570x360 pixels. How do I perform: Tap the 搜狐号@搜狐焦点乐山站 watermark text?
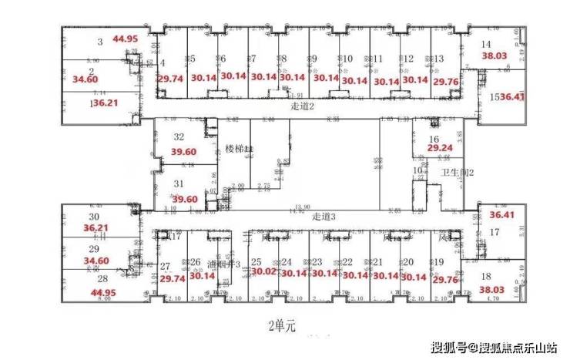[492, 345]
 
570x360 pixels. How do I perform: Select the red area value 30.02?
[263, 271]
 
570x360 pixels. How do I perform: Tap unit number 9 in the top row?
[313, 59]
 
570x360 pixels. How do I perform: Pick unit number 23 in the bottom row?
[317, 262]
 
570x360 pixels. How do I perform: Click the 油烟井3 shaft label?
[224, 264]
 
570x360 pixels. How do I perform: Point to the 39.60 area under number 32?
[185, 152]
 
